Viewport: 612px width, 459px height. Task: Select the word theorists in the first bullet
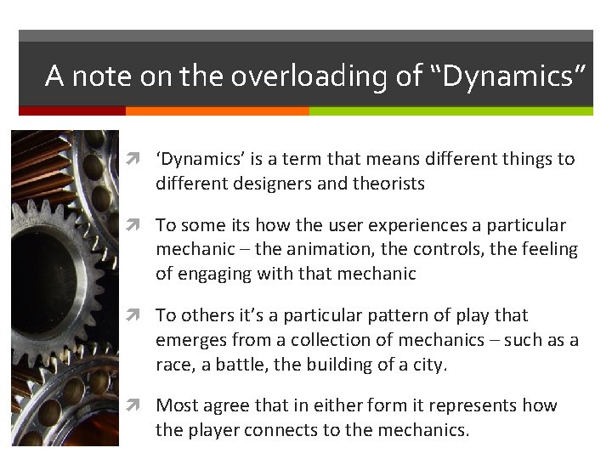point(388,183)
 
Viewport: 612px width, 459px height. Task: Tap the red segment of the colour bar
point(72,110)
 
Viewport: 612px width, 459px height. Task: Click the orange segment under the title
point(217,110)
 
